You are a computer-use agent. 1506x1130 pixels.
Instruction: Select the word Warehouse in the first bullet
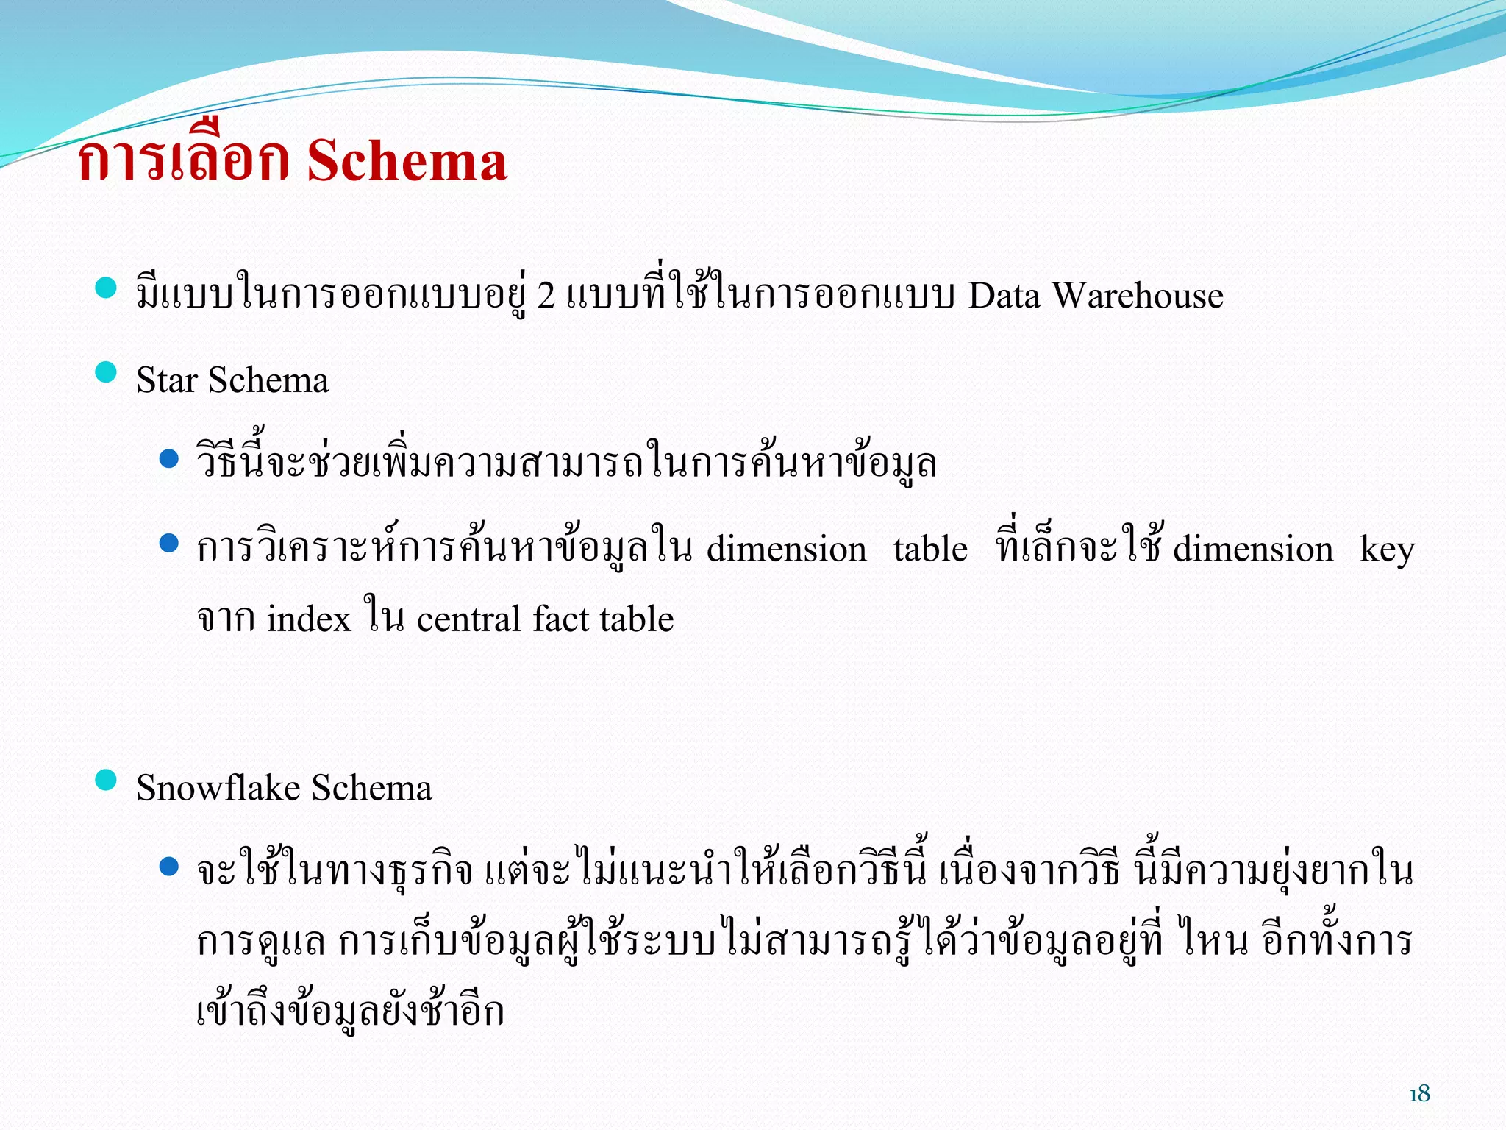coord(1138,296)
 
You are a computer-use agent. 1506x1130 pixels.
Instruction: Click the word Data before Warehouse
coord(1004,296)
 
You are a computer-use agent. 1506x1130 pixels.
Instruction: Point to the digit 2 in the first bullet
coord(546,296)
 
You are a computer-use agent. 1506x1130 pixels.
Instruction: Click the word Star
coord(167,380)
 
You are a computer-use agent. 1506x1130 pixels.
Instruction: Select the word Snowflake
coord(218,788)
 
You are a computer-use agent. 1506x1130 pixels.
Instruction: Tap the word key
coord(1387,550)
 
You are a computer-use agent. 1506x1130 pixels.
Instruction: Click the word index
coord(309,619)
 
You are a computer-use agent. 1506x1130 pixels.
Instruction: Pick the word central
coord(469,619)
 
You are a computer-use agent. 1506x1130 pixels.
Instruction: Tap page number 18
coord(1419,1094)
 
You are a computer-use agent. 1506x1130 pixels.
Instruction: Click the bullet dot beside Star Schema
coord(107,372)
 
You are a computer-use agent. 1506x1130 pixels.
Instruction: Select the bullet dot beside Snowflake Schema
coord(107,780)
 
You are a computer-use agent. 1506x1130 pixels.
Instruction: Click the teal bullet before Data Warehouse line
coord(107,288)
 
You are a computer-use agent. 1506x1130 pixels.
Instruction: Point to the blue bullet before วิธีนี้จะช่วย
coord(169,459)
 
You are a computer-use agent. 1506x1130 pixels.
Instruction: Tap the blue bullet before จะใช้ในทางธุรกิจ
coord(169,867)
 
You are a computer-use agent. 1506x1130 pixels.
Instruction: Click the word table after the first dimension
coord(930,550)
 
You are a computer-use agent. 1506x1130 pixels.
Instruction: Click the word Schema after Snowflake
coord(371,788)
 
